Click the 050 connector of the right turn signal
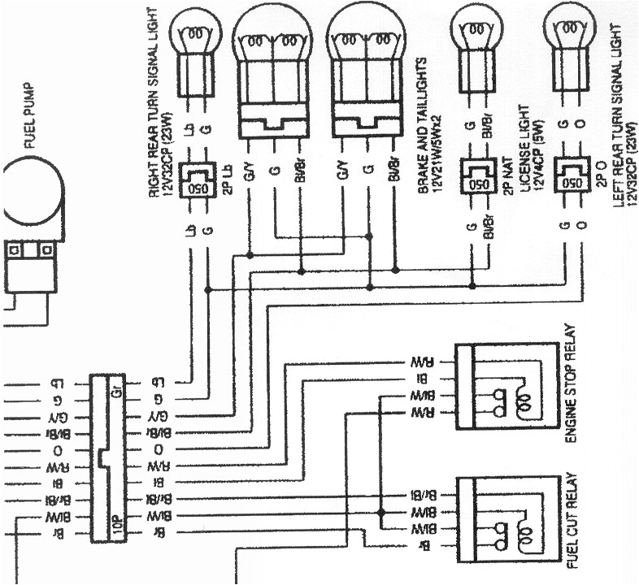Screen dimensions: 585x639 click(198, 178)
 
